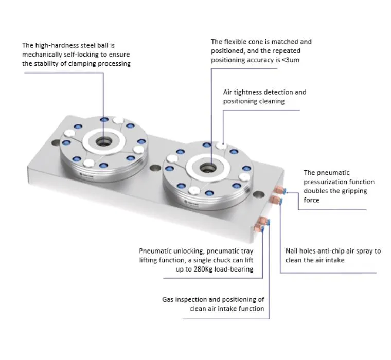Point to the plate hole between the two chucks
pyautogui.click(x=154, y=168)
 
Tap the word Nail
pyautogui.click(x=293, y=251)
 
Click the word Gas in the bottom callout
pyautogui.click(x=168, y=299)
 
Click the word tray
pyautogui.click(x=244, y=251)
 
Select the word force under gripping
pyautogui.click(x=311, y=200)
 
